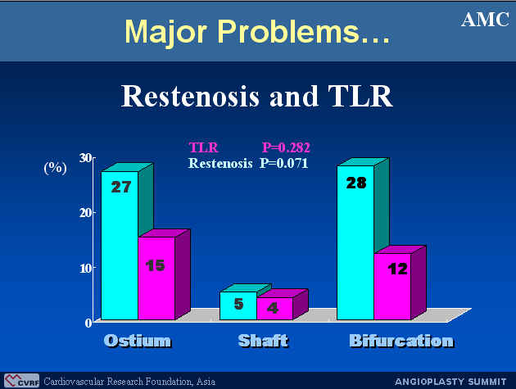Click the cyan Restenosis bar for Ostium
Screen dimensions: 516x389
(x=120, y=245)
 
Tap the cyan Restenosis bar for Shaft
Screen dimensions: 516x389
(x=238, y=305)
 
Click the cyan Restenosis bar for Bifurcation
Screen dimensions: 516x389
(x=355, y=242)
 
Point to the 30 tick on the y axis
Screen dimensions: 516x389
(x=85, y=158)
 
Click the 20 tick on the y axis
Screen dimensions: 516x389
(x=85, y=213)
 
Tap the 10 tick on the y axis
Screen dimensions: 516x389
(x=85, y=268)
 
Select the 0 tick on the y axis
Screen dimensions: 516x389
(x=88, y=323)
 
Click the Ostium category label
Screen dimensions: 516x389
(x=138, y=341)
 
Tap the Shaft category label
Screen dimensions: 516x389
(x=263, y=341)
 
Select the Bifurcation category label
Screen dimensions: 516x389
(x=401, y=341)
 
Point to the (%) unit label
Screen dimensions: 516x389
(x=56, y=168)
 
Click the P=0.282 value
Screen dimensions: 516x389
(x=286, y=147)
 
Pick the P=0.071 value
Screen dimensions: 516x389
(x=283, y=163)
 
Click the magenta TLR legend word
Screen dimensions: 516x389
(x=203, y=147)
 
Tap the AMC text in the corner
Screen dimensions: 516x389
(x=486, y=20)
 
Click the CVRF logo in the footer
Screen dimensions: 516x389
(x=21, y=381)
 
